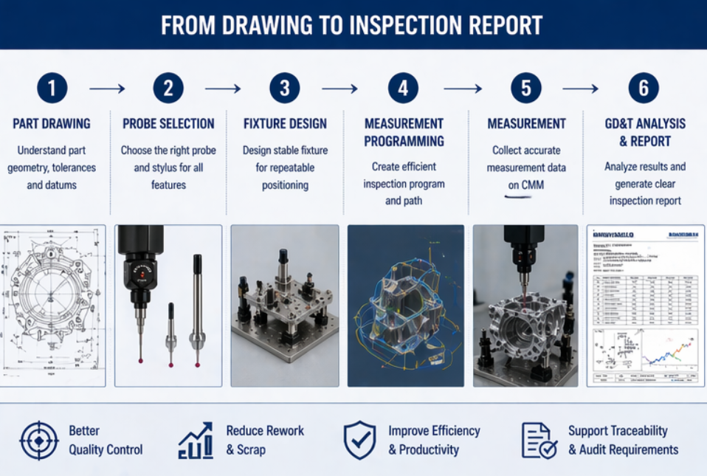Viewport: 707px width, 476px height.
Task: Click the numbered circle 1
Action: tap(52, 89)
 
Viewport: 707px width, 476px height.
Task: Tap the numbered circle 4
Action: tap(403, 89)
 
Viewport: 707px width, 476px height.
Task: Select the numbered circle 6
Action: tap(644, 89)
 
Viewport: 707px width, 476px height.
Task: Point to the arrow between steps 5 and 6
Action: tap(580, 89)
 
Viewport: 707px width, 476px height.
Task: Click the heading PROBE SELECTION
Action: tap(168, 124)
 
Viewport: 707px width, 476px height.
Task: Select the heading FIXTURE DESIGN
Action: tap(285, 124)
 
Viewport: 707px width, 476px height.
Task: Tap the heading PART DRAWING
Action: tap(52, 124)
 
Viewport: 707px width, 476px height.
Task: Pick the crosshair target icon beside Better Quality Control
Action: tap(38, 440)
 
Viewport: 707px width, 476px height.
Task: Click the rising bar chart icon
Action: tap(196, 441)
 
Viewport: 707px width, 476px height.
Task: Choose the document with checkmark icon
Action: tap(539, 441)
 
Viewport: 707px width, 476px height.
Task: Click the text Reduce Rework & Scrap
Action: tap(265, 440)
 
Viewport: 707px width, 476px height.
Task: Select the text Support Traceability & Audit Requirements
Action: tap(623, 440)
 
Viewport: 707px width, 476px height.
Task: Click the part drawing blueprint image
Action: tap(53, 306)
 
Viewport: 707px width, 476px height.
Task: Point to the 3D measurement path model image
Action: tap(405, 306)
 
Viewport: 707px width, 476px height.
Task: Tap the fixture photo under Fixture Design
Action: tap(285, 306)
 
